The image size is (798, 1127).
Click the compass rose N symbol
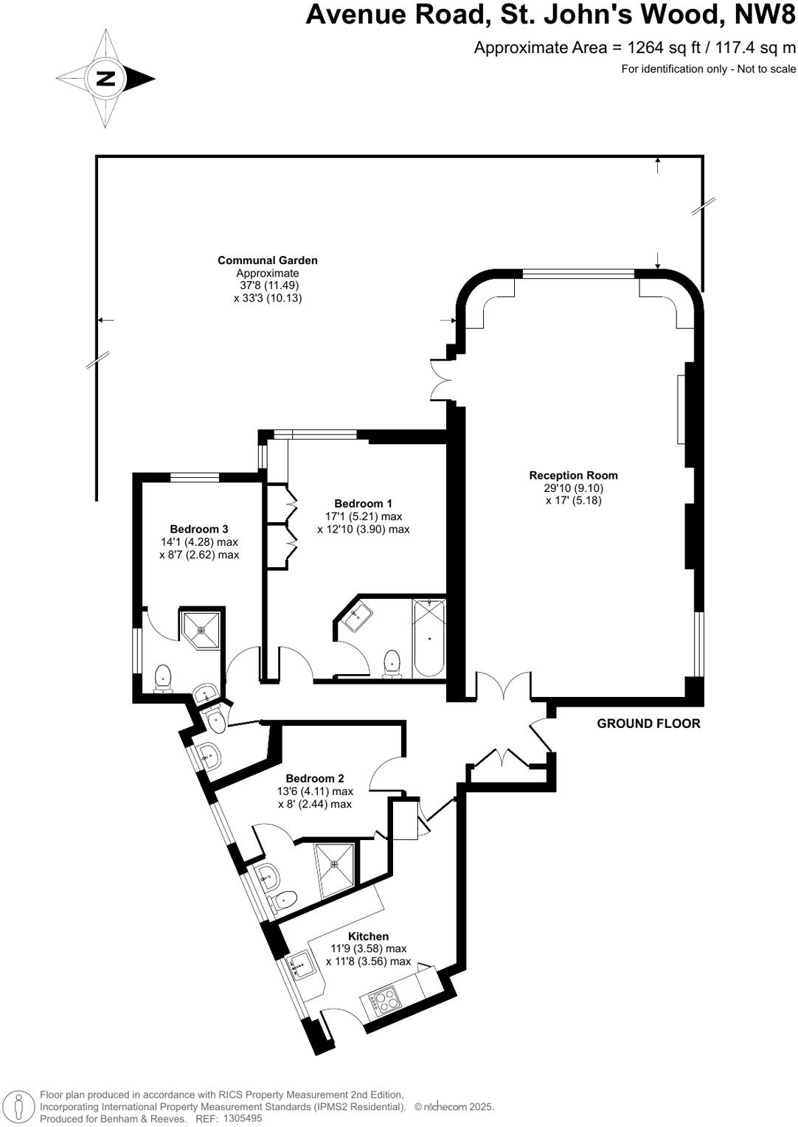coord(105,78)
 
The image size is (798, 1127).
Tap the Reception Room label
coord(573,476)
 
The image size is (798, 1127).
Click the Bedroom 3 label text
coord(198,529)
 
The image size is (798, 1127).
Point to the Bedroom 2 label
coord(315,778)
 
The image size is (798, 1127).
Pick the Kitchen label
coord(368,936)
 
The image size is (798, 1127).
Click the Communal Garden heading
coord(267,260)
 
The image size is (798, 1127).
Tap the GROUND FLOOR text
coord(648,724)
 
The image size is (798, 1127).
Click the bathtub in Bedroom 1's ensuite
coord(429,638)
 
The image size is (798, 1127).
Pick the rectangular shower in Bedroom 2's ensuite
coord(336,870)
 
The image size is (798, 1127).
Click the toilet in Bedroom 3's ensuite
coord(162,678)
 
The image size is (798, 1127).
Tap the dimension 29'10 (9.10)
coord(573,488)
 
